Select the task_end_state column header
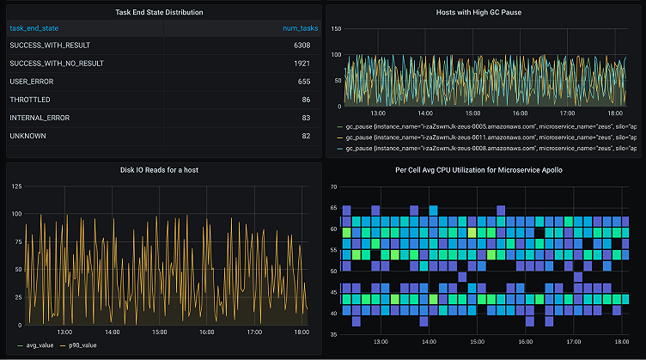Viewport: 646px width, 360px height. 34,28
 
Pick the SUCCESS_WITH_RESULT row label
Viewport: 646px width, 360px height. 50,46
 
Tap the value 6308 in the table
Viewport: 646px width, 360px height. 301,46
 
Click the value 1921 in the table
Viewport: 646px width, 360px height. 302,64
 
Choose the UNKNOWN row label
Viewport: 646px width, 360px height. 27,136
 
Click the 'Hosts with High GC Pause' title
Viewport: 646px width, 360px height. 484,13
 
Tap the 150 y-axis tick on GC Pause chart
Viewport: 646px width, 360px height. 336,29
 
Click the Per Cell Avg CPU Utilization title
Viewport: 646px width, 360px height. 484,169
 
